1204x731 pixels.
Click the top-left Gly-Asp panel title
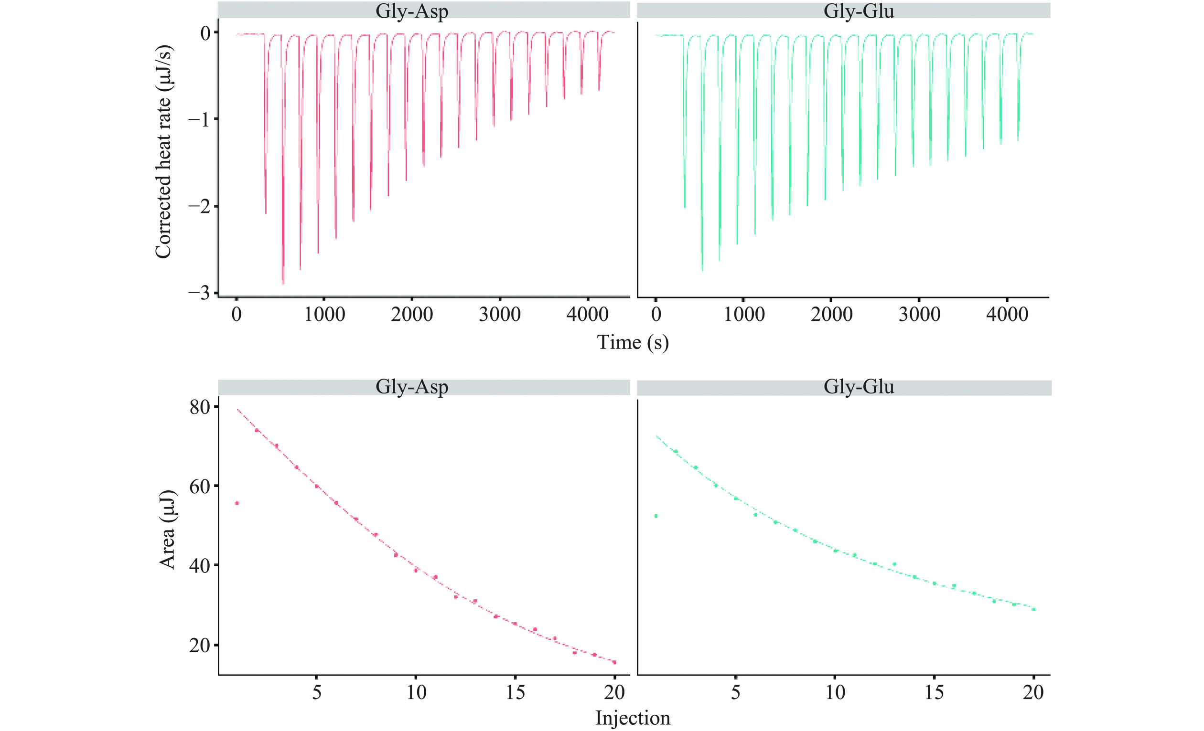pos(411,11)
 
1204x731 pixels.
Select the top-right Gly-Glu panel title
pos(859,11)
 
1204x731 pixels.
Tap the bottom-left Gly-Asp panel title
pos(411,387)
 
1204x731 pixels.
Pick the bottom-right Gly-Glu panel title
pos(859,387)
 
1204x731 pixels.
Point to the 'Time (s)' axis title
pos(632,342)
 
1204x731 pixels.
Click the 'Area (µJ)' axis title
pos(167,530)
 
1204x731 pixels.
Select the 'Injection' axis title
pos(632,718)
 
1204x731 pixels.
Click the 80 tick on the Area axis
pos(199,407)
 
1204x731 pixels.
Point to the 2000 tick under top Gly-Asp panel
pos(411,314)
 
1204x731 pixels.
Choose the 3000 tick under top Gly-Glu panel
pos(919,314)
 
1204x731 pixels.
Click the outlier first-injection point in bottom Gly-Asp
pos(237,503)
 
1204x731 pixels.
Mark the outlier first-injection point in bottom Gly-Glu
pos(656,516)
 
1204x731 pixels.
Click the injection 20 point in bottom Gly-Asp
pos(614,662)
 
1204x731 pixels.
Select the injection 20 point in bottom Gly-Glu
pos(1033,609)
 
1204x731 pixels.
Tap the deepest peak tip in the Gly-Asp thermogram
pos(283,283)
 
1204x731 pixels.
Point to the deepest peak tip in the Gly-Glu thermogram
pos(702,270)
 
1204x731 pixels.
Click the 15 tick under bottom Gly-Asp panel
pos(515,692)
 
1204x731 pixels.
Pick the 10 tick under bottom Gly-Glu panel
pos(836,692)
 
